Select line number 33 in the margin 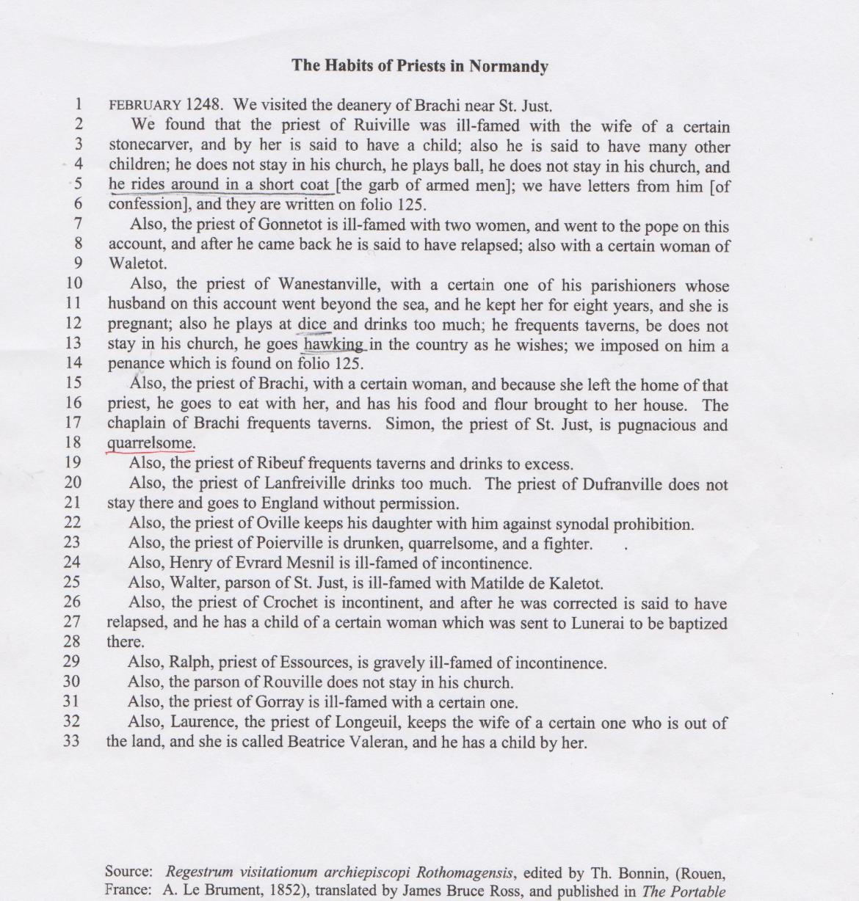point(71,740)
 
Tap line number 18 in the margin point(72,442)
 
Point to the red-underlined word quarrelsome point(151,443)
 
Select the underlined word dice point(313,324)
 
